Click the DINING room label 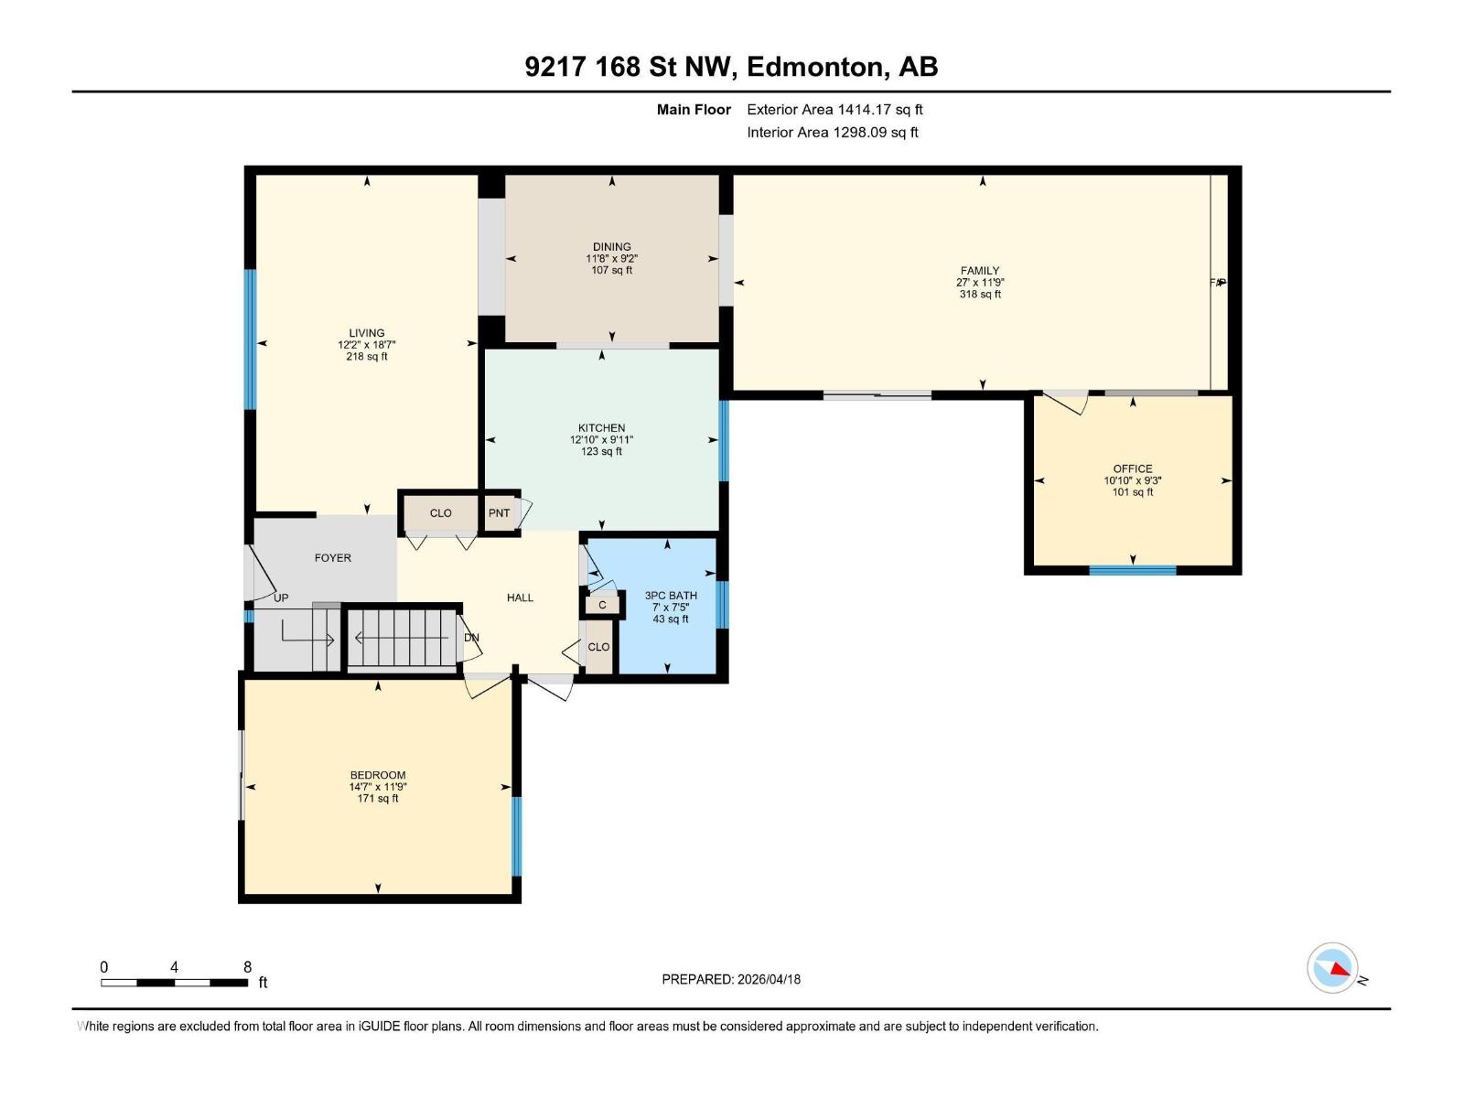pos(611,247)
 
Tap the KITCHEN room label pos(601,428)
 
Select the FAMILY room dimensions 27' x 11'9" pos(980,283)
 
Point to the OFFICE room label pos(1133,468)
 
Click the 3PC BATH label pos(671,596)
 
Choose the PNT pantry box pos(499,513)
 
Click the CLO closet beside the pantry pos(440,513)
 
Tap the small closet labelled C pos(602,605)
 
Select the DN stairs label pos(472,638)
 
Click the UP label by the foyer pos(281,597)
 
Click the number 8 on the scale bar pos(247,967)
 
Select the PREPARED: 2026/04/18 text pos(731,979)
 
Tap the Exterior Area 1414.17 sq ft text pos(834,110)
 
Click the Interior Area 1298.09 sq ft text pos(832,133)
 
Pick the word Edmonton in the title pos(815,67)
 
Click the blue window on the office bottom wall pos(1132,570)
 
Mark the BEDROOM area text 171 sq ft pos(377,799)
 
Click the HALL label pos(520,597)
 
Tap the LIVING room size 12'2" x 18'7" pos(366,345)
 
